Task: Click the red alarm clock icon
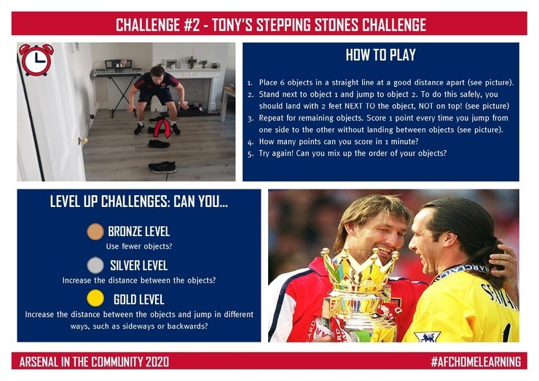click(x=36, y=59)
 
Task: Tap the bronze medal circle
click(x=95, y=232)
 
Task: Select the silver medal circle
click(x=95, y=265)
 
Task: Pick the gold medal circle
click(x=95, y=298)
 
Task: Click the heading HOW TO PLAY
click(x=380, y=55)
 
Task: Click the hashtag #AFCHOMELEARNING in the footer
click(x=476, y=362)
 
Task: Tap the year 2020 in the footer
click(x=157, y=362)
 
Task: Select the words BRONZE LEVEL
click(x=139, y=232)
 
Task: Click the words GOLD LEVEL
click(x=139, y=299)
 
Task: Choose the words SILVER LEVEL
click(x=139, y=265)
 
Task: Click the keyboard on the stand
click(x=117, y=73)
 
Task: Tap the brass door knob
click(x=82, y=141)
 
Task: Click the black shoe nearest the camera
click(x=162, y=167)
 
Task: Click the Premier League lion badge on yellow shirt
click(x=428, y=337)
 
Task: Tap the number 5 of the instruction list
click(x=251, y=154)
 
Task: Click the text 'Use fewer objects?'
click(x=139, y=246)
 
